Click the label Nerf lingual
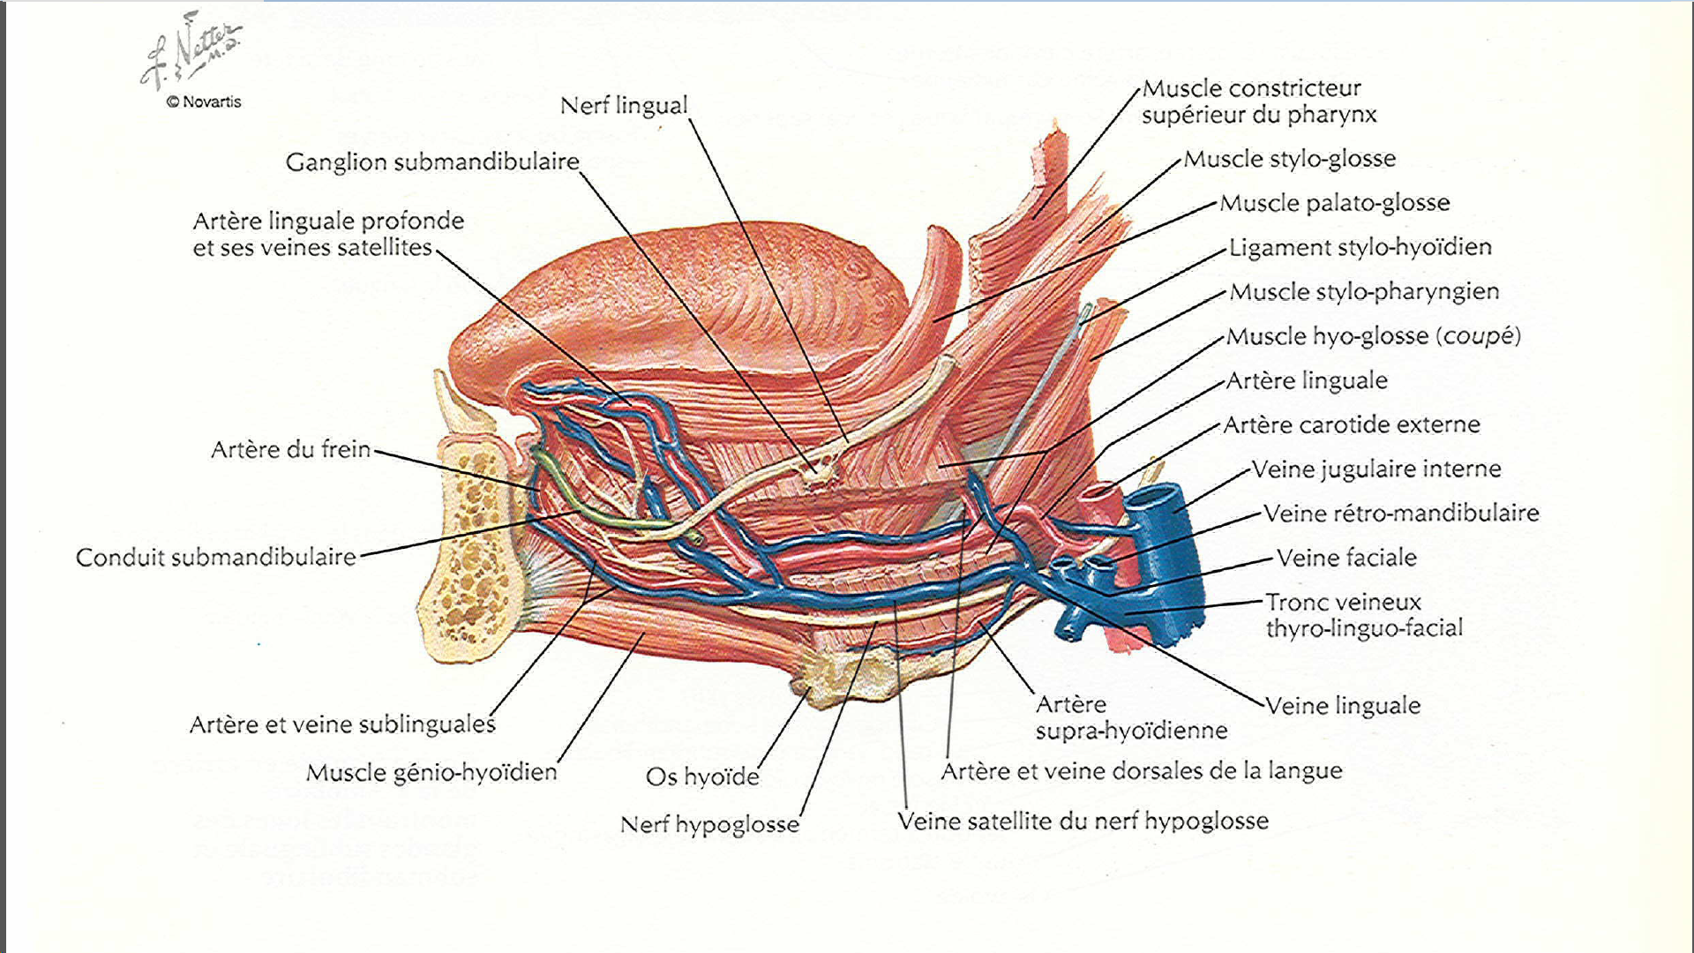624,106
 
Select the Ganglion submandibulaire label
432,162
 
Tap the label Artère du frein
290,450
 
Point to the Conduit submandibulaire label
216,558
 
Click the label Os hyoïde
702,777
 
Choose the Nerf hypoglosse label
709,825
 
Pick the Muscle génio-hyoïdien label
431,773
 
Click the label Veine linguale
1343,706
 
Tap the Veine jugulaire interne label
1376,469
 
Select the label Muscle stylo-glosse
1290,159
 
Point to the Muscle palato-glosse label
1335,203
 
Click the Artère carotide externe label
1352,425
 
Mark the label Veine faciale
1346,558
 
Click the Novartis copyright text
204,102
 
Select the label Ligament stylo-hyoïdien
1360,247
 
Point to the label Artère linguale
1307,381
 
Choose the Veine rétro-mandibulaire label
1401,514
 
